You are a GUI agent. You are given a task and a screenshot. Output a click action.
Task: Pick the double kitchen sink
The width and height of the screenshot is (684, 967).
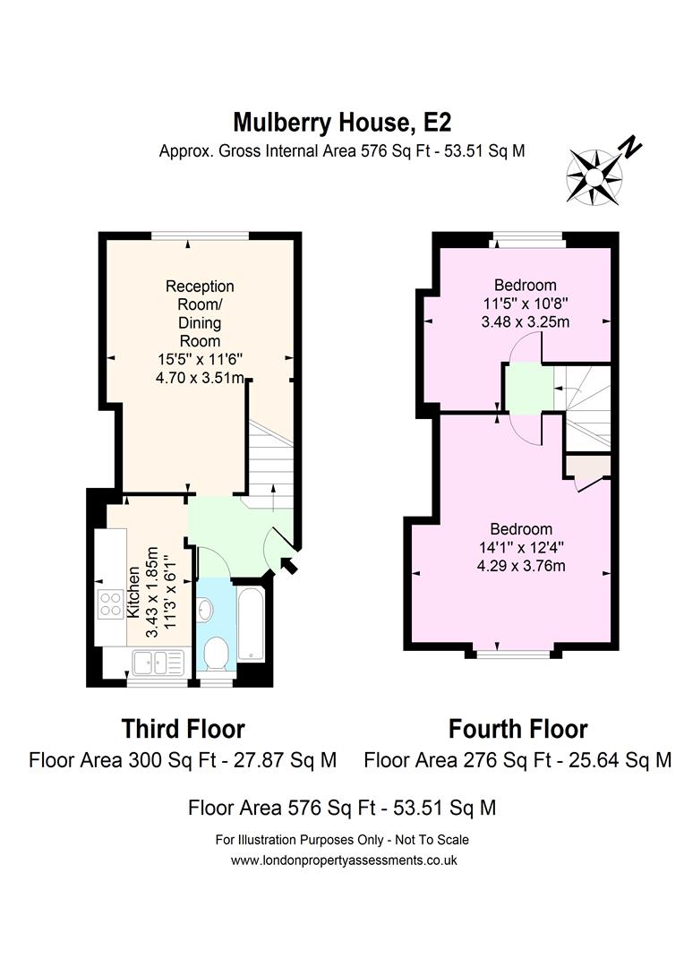pyautogui.click(x=157, y=663)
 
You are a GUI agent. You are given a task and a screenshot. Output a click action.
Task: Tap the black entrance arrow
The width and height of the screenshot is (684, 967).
pyautogui.click(x=289, y=564)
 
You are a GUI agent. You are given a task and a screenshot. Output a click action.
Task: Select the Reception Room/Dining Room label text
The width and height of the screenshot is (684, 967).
pyautogui.click(x=200, y=313)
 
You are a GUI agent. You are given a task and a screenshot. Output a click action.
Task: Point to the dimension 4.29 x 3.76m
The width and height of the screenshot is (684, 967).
pyautogui.click(x=520, y=565)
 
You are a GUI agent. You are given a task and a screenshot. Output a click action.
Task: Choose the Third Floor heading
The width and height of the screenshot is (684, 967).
pyautogui.click(x=183, y=728)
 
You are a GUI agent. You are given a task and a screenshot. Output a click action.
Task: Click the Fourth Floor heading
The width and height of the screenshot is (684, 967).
pyautogui.click(x=517, y=728)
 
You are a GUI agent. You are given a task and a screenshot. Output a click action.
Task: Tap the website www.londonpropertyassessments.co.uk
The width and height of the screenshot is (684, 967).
pyautogui.click(x=344, y=860)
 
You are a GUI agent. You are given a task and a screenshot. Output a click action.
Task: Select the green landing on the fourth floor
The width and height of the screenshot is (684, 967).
pyautogui.click(x=524, y=389)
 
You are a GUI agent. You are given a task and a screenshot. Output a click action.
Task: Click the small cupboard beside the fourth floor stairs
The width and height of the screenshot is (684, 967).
pyautogui.click(x=587, y=467)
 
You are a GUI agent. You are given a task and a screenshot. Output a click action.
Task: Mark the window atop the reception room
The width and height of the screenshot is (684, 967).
pyautogui.click(x=200, y=235)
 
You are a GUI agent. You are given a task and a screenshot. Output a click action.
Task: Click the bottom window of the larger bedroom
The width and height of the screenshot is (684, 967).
pyautogui.click(x=514, y=653)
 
